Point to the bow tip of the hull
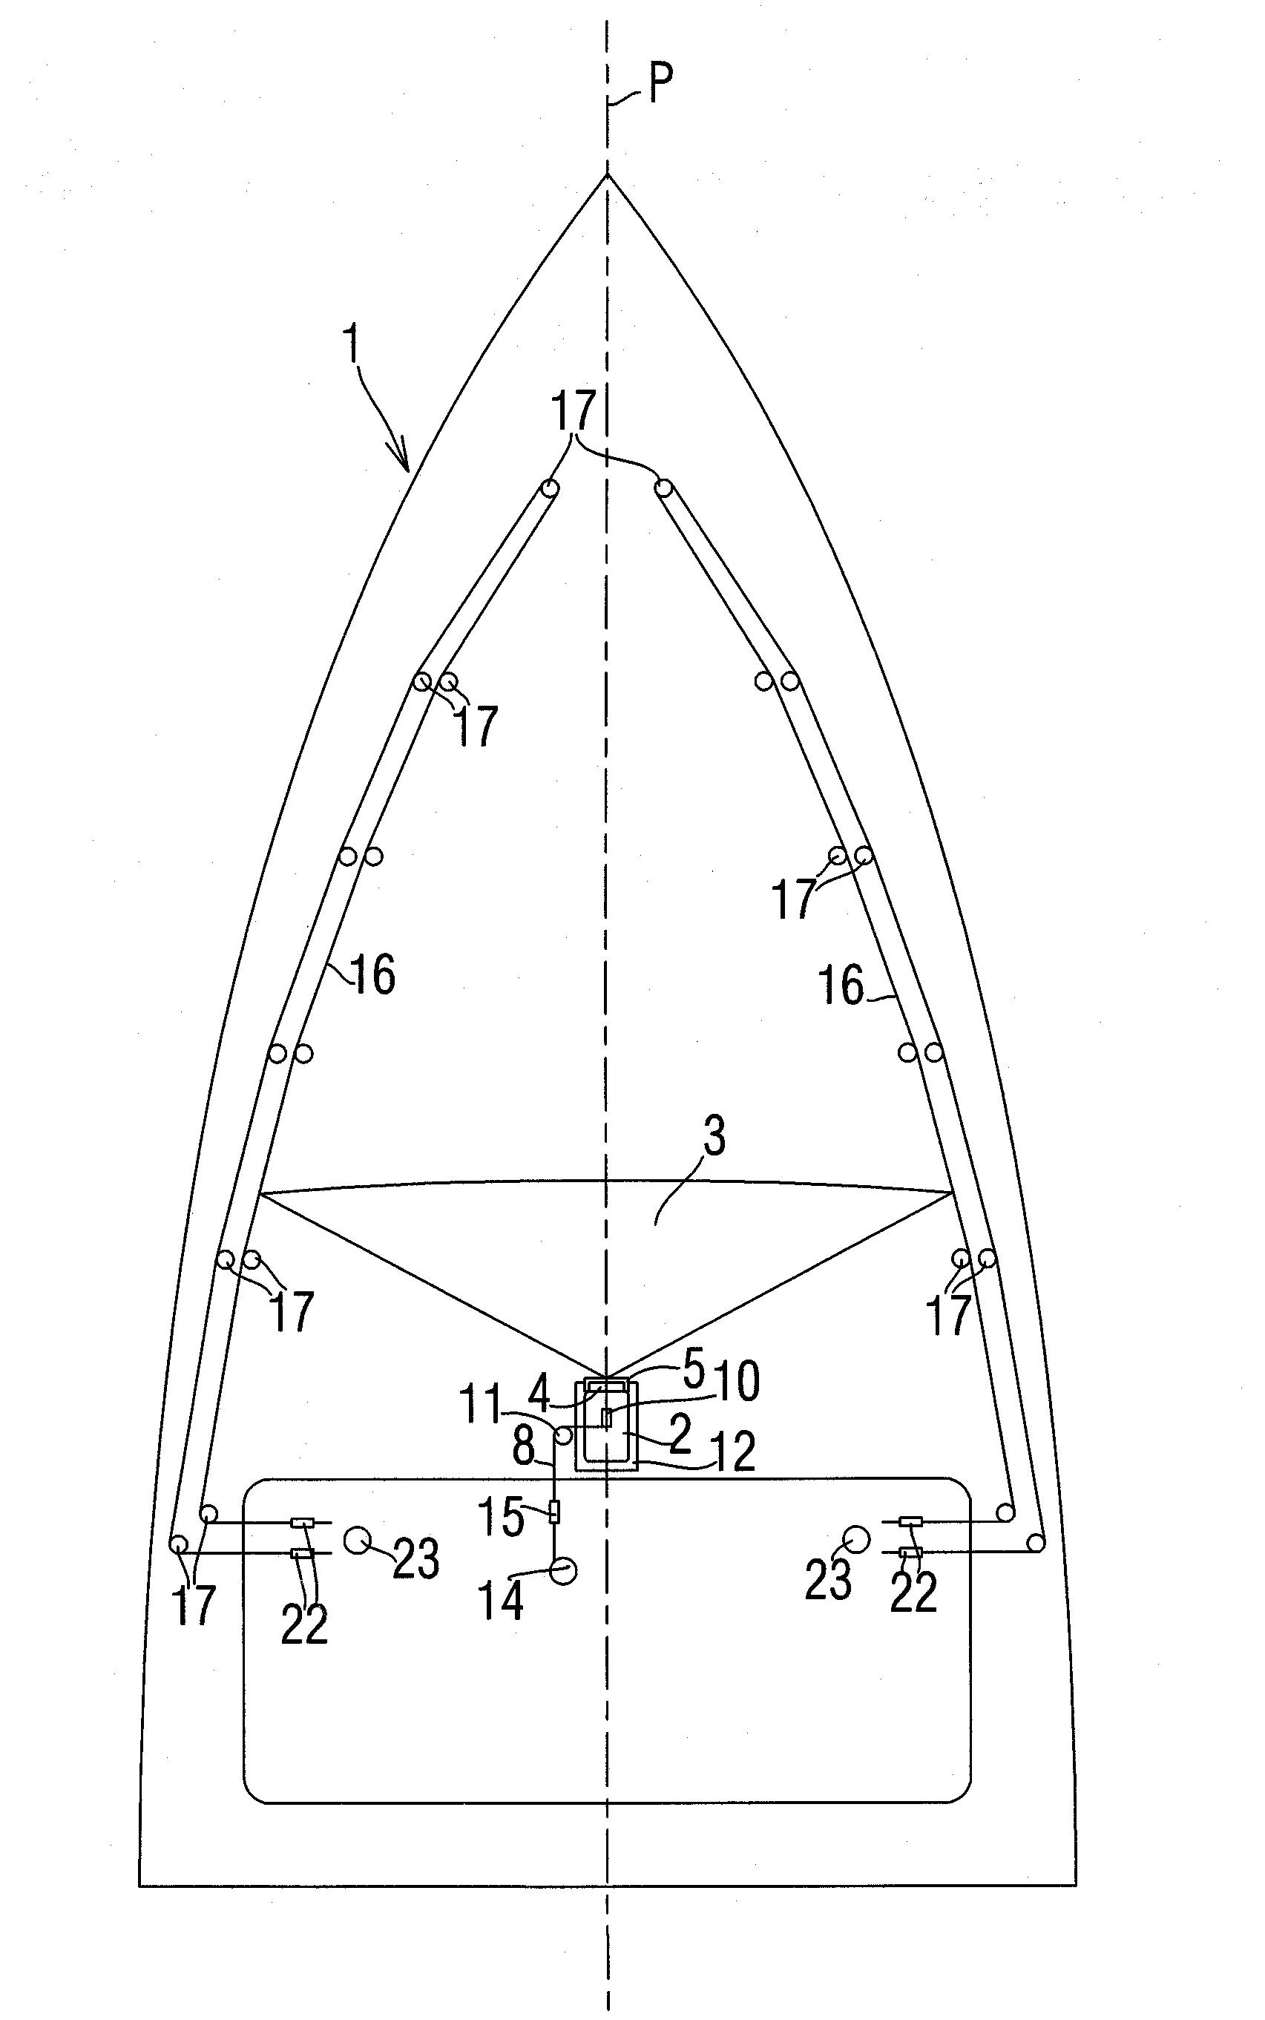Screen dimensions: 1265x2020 [608, 174]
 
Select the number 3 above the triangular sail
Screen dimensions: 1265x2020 [714, 1135]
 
